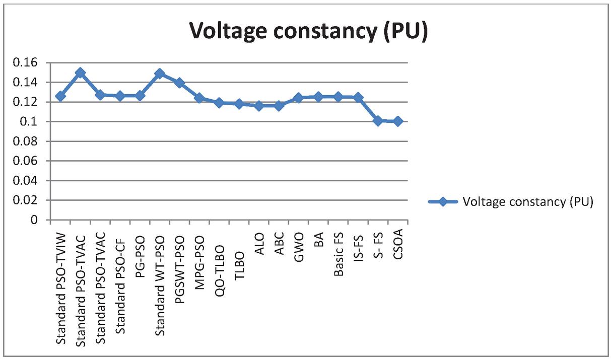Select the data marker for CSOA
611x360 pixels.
click(x=398, y=121)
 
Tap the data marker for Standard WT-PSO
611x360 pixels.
click(x=160, y=74)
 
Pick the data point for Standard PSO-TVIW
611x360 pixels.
click(x=60, y=96)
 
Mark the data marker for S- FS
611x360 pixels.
click(x=378, y=121)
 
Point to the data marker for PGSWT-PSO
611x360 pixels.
click(x=179, y=83)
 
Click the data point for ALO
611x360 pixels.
click(x=259, y=106)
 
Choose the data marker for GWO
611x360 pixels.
click(x=299, y=98)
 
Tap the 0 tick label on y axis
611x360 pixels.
click(x=34, y=220)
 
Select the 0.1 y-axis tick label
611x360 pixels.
click(x=31, y=122)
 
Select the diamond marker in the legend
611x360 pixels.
click(x=443, y=202)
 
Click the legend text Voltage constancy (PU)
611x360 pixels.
click(x=528, y=202)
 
